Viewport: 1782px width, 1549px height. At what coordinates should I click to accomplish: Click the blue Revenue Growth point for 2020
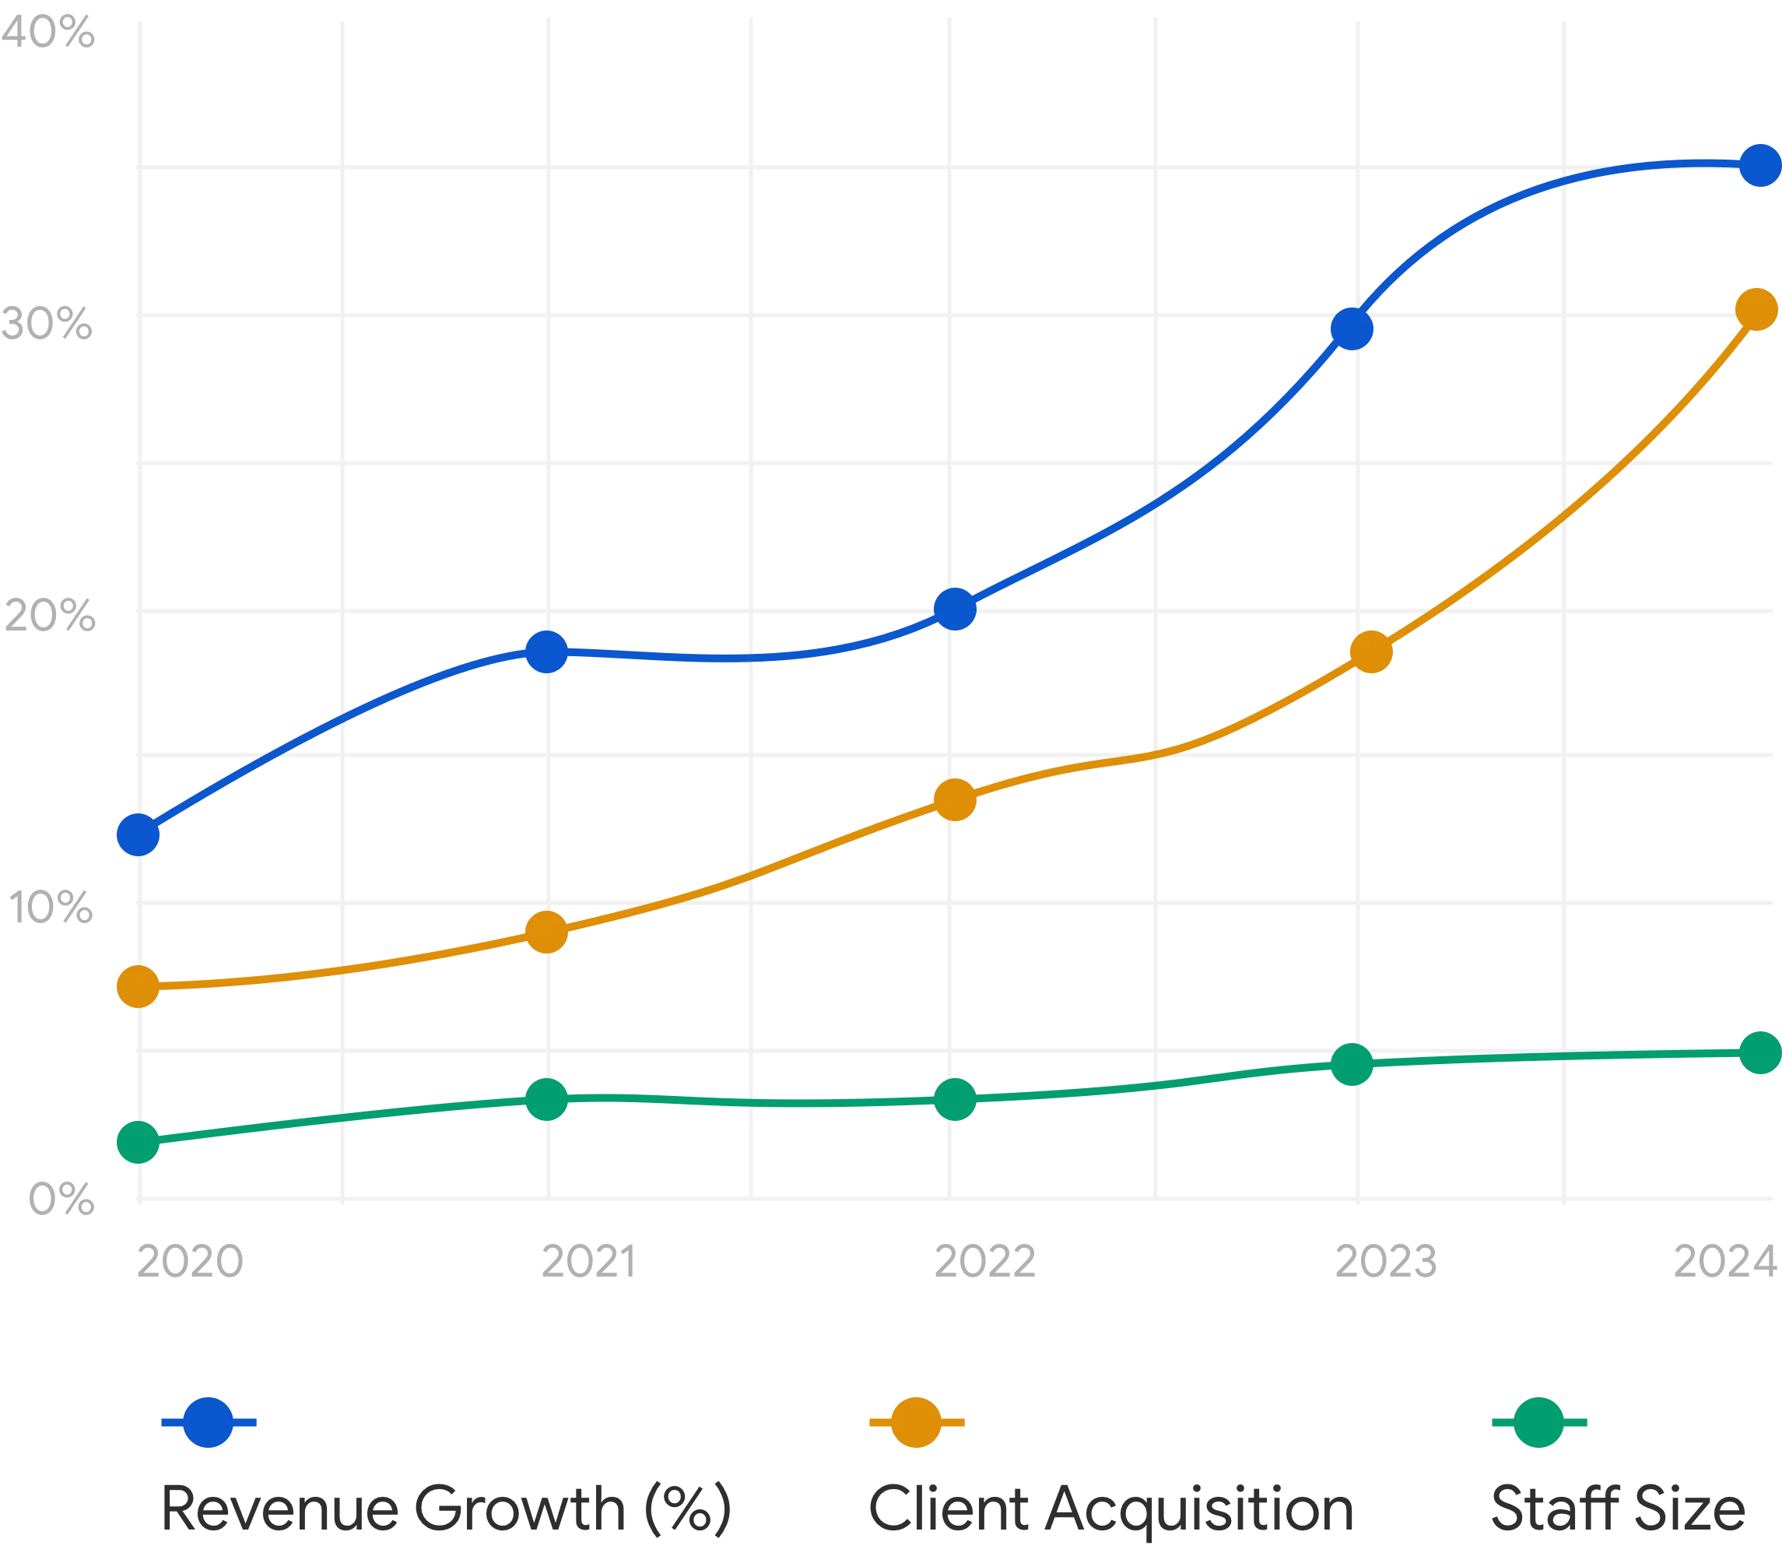point(139,834)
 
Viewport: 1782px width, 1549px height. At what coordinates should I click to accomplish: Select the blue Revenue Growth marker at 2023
point(1352,328)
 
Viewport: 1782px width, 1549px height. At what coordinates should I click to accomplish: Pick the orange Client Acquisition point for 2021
point(546,932)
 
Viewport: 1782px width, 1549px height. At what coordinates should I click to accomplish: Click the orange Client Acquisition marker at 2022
point(956,799)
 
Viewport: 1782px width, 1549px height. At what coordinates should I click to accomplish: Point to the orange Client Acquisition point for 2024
point(1757,308)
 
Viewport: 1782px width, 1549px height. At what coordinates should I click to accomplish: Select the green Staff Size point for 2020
point(139,1142)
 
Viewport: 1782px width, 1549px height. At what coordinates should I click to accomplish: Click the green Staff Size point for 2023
point(1352,1063)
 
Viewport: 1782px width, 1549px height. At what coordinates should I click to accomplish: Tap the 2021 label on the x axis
point(588,1261)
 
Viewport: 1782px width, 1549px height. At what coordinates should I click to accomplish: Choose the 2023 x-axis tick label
point(1384,1261)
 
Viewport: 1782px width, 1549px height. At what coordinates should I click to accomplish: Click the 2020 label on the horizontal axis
point(189,1261)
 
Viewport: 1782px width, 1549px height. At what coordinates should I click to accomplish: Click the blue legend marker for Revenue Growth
point(209,1422)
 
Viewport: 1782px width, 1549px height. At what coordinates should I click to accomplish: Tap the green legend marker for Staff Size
point(1538,1422)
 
